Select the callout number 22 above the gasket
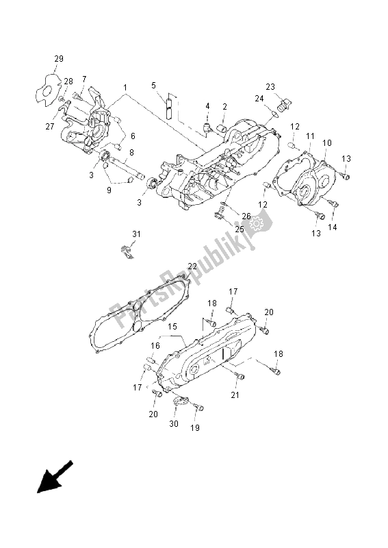192,266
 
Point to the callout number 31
136,234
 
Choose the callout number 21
235,395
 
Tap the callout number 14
333,226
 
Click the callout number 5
154,85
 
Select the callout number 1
125,87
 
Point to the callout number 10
327,142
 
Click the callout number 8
131,152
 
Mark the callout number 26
246,216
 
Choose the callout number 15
173,327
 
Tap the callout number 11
309,136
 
